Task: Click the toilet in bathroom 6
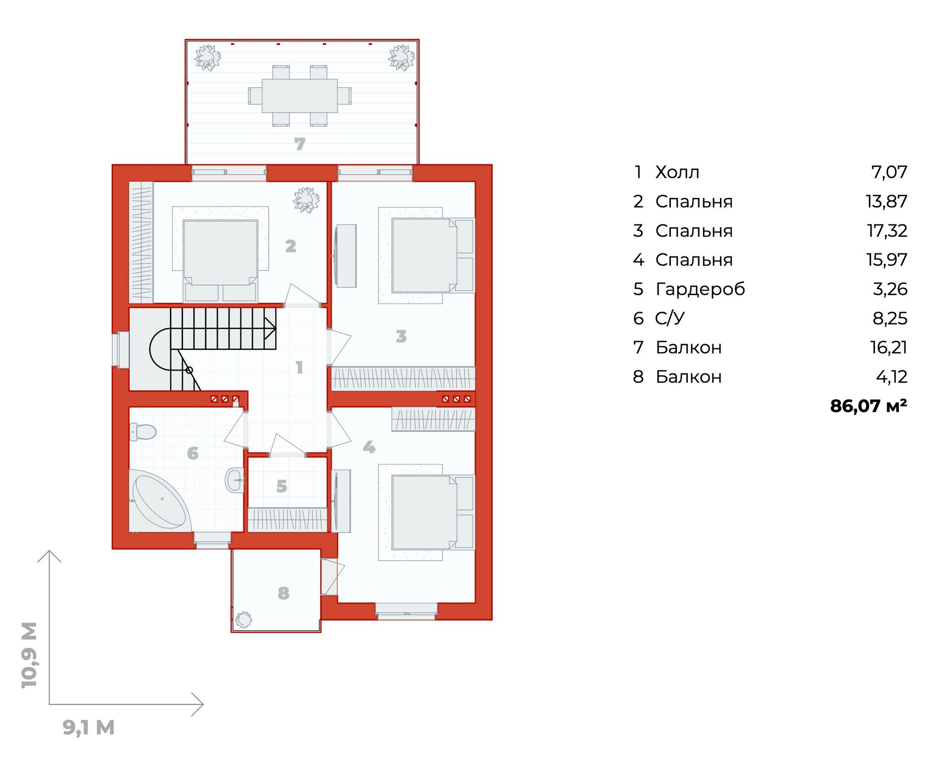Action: pyautogui.click(x=142, y=431)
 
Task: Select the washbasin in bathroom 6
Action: pyautogui.click(x=235, y=480)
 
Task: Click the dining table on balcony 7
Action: pyautogui.click(x=300, y=96)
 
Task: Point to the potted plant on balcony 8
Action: pyautogui.click(x=243, y=619)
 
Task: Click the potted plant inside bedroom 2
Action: pyautogui.click(x=306, y=200)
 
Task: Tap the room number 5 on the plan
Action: pyautogui.click(x=282, y=486)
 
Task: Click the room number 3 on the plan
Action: pyautogui.click(x=401, y=337)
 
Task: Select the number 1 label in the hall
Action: pyautogui.click(x=299, y=367)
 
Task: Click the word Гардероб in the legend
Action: pyautogui.click(x=700, y=289)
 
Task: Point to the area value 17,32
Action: pyautogui.click(x=887, y=231)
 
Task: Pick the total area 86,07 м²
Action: pyautogui.click(x=868, y=406)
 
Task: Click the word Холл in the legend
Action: pyautogui.click(x=677, y=172)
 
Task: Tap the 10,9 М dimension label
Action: pyautogui.click(x=29, y=655)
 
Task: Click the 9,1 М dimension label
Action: pyautogui.click(x=89, y=727)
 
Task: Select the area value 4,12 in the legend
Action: pyautogui.click(x=892, y=377)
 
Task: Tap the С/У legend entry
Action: pyautogui.click(x=670, y=318)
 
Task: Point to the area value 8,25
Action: pyautogui.click(x=890, y=318)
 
